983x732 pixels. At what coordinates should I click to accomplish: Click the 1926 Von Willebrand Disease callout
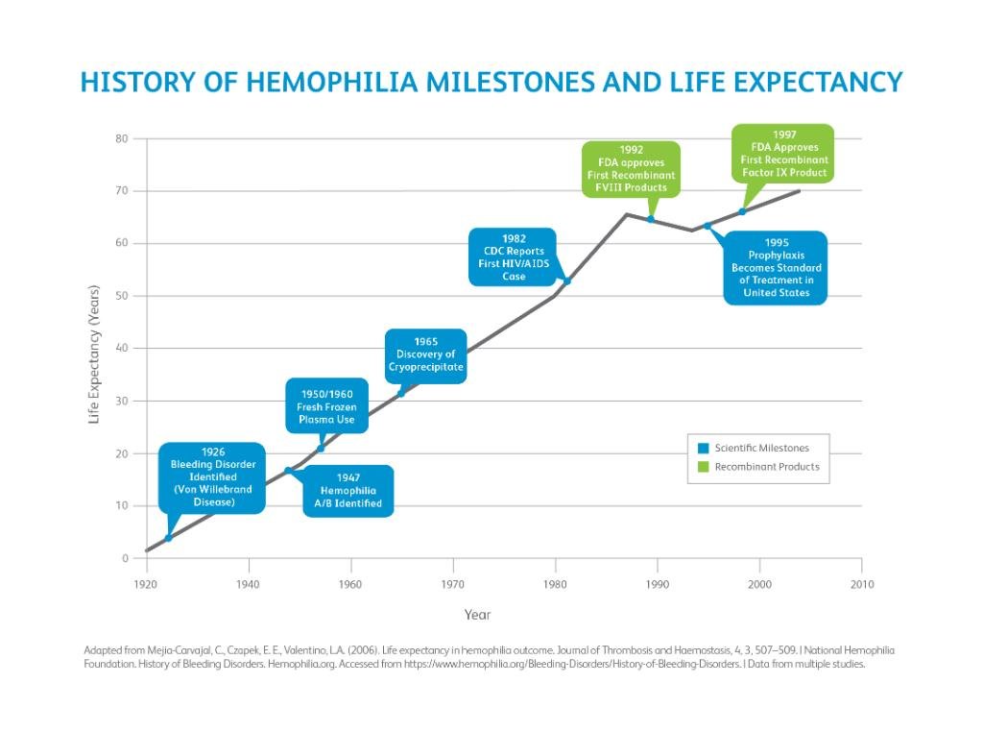point(212,477)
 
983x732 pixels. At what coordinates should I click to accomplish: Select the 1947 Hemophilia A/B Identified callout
point(348,490)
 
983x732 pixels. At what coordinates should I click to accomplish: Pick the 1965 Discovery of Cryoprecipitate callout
point(426,354)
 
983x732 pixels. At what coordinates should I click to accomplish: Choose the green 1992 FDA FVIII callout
point(631,169)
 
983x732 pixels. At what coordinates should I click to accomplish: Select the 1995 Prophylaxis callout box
point(776,268)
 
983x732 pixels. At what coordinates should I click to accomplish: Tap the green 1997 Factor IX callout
point(783,154)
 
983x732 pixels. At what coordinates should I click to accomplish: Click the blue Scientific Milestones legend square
point(704,449)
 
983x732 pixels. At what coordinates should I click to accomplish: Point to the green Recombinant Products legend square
point(704,467)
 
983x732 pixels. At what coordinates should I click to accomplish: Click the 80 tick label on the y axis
point(122,138)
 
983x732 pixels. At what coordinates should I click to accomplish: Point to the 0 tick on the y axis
point(125,558)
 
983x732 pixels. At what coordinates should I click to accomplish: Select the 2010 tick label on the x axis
point(861,583)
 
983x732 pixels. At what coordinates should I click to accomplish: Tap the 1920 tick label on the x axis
point(146,583)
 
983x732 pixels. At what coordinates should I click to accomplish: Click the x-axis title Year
point(477,615)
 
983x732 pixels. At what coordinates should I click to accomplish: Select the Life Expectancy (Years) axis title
point(94,354)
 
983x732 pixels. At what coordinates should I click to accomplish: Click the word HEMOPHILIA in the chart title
point(332,82)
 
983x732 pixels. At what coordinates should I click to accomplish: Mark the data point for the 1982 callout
point(567,281)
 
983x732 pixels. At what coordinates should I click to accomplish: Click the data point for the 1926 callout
point(169,538)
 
